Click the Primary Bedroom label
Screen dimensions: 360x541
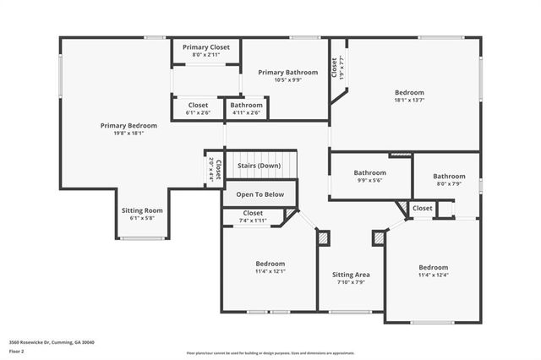128,125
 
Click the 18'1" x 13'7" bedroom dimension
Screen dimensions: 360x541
409,101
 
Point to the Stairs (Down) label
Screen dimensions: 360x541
259,166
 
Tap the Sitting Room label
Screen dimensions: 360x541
142,210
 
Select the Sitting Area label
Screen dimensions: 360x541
350,275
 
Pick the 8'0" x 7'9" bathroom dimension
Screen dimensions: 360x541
449,184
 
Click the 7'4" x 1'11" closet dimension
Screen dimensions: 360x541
253,221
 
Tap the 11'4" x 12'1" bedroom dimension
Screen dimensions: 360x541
270,271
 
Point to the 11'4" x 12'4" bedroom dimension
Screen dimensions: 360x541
433,275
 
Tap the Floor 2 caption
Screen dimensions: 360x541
17,351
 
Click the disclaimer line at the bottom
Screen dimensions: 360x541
270,352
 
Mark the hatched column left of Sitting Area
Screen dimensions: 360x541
324,239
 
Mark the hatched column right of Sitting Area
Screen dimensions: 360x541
378,239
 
